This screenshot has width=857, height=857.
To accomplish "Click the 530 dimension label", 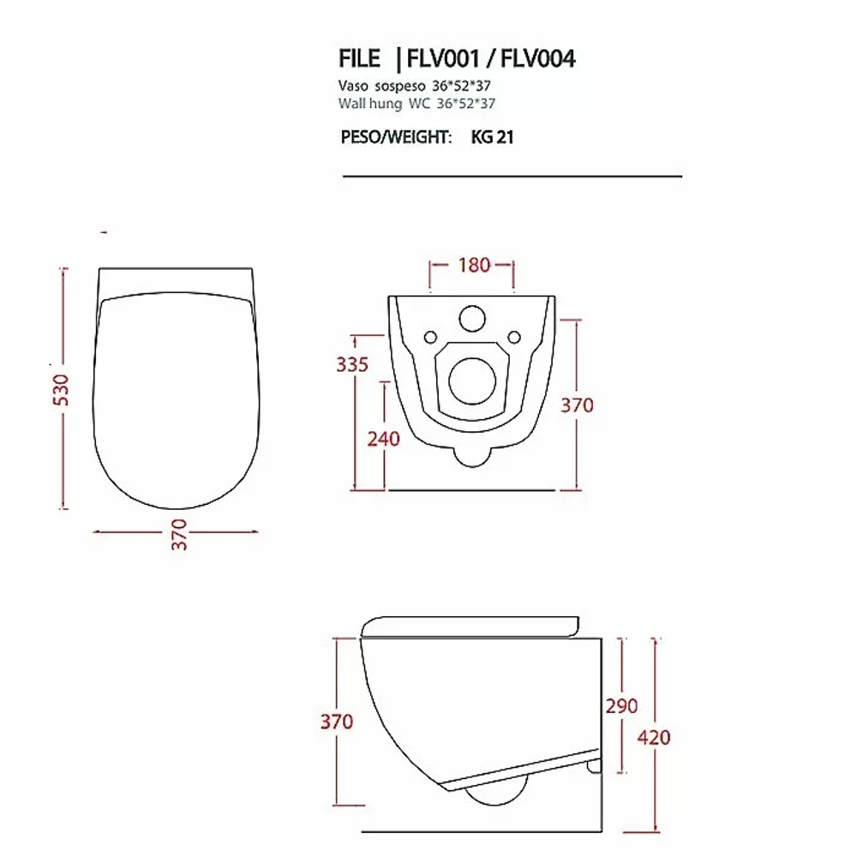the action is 61,389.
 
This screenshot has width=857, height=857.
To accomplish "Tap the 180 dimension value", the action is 474,265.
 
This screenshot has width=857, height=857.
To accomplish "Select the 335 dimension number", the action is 352,364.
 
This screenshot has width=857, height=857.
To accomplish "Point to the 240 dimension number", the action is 383,439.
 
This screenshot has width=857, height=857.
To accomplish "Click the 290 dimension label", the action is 621,706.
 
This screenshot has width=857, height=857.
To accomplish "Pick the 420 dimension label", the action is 654,738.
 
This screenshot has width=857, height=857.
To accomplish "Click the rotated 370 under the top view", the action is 179,535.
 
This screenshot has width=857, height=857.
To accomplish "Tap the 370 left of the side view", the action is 337,722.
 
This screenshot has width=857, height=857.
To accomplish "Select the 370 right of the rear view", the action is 577,405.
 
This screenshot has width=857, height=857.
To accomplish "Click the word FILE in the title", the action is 359,59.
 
